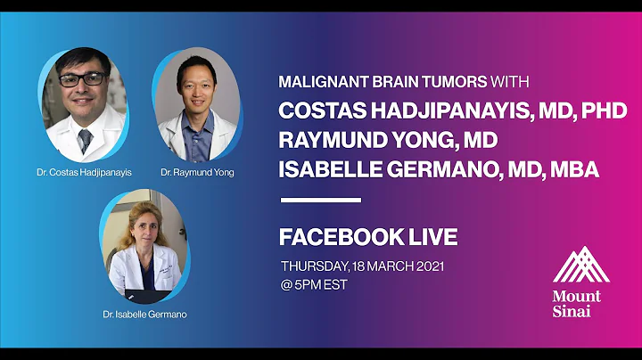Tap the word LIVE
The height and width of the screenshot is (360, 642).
[x=430, y=237]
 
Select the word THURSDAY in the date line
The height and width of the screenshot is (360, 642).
[x=314, y=266]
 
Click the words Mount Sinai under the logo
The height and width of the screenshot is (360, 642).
[x=576, y=303]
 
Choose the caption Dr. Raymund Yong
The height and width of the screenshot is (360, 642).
[x=198, y=172]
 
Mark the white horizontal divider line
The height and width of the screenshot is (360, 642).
[x=321, y=200]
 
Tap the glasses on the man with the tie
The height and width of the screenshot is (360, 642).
[x=82, y=79]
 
